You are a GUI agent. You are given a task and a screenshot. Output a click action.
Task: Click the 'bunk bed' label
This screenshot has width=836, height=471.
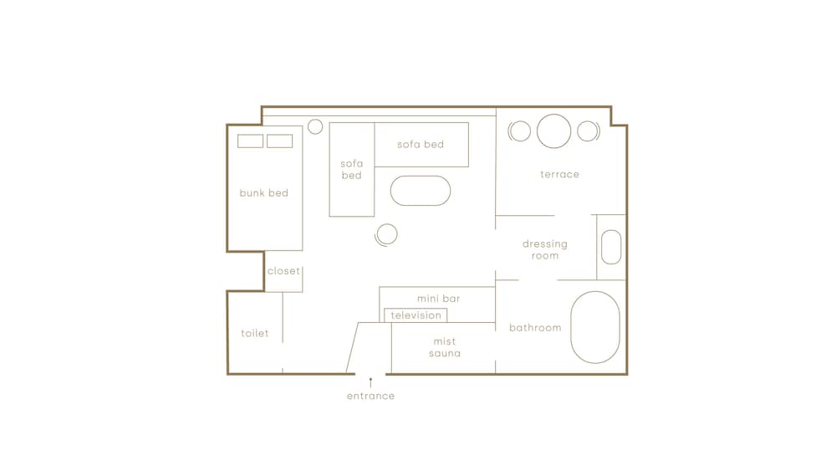tap(264, 193)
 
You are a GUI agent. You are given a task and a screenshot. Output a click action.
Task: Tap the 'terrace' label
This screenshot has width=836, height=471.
tap(559, 174)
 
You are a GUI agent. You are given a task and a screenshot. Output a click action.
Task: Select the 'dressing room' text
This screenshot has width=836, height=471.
tap(545, 249)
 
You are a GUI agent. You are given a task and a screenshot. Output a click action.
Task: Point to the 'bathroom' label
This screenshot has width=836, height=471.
tap(535, 327)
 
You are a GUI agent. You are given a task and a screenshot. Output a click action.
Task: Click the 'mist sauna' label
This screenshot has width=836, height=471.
tap(445, 347)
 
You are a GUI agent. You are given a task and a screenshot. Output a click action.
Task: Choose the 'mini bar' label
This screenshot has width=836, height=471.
tap(438, 299)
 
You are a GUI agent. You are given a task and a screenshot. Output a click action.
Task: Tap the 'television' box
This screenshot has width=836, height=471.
tap(415, 315)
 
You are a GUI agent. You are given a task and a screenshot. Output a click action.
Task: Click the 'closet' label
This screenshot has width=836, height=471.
tap(283, 271)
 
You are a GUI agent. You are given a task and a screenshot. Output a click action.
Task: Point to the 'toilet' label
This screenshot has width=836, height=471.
tap(254, 333)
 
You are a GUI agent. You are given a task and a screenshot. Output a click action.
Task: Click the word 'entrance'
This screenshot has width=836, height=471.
tap(370, 396)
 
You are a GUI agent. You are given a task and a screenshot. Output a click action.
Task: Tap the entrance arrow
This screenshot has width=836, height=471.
tap(370, 382)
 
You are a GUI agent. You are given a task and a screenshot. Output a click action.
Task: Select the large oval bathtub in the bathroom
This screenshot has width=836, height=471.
tap(595, 327)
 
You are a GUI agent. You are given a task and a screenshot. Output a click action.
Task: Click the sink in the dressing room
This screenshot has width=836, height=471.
tap(611, 247)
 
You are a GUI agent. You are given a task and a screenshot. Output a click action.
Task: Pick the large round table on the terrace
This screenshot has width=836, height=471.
tap(554, 131)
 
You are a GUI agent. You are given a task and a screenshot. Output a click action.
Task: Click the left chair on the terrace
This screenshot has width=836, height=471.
tap(519, 131)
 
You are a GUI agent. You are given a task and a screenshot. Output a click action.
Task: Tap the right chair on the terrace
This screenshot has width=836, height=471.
tap(589, 131)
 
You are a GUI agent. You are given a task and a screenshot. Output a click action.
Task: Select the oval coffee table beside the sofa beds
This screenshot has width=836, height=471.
tap(421, 191)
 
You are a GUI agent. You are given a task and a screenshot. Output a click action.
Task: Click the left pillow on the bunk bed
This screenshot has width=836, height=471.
tap(250, 141)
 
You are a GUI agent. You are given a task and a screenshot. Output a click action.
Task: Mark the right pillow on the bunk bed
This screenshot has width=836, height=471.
tap(280, 141)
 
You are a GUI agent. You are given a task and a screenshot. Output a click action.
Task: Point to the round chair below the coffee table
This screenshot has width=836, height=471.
tap(386, 235)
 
